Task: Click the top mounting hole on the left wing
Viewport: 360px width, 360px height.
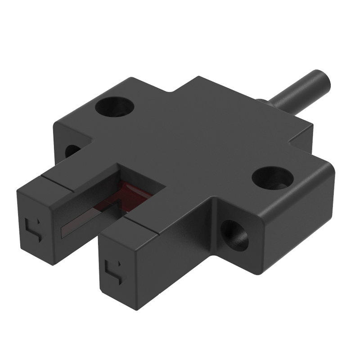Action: (x=114, y=107)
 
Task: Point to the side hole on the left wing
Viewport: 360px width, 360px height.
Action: (x=72, y=151)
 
